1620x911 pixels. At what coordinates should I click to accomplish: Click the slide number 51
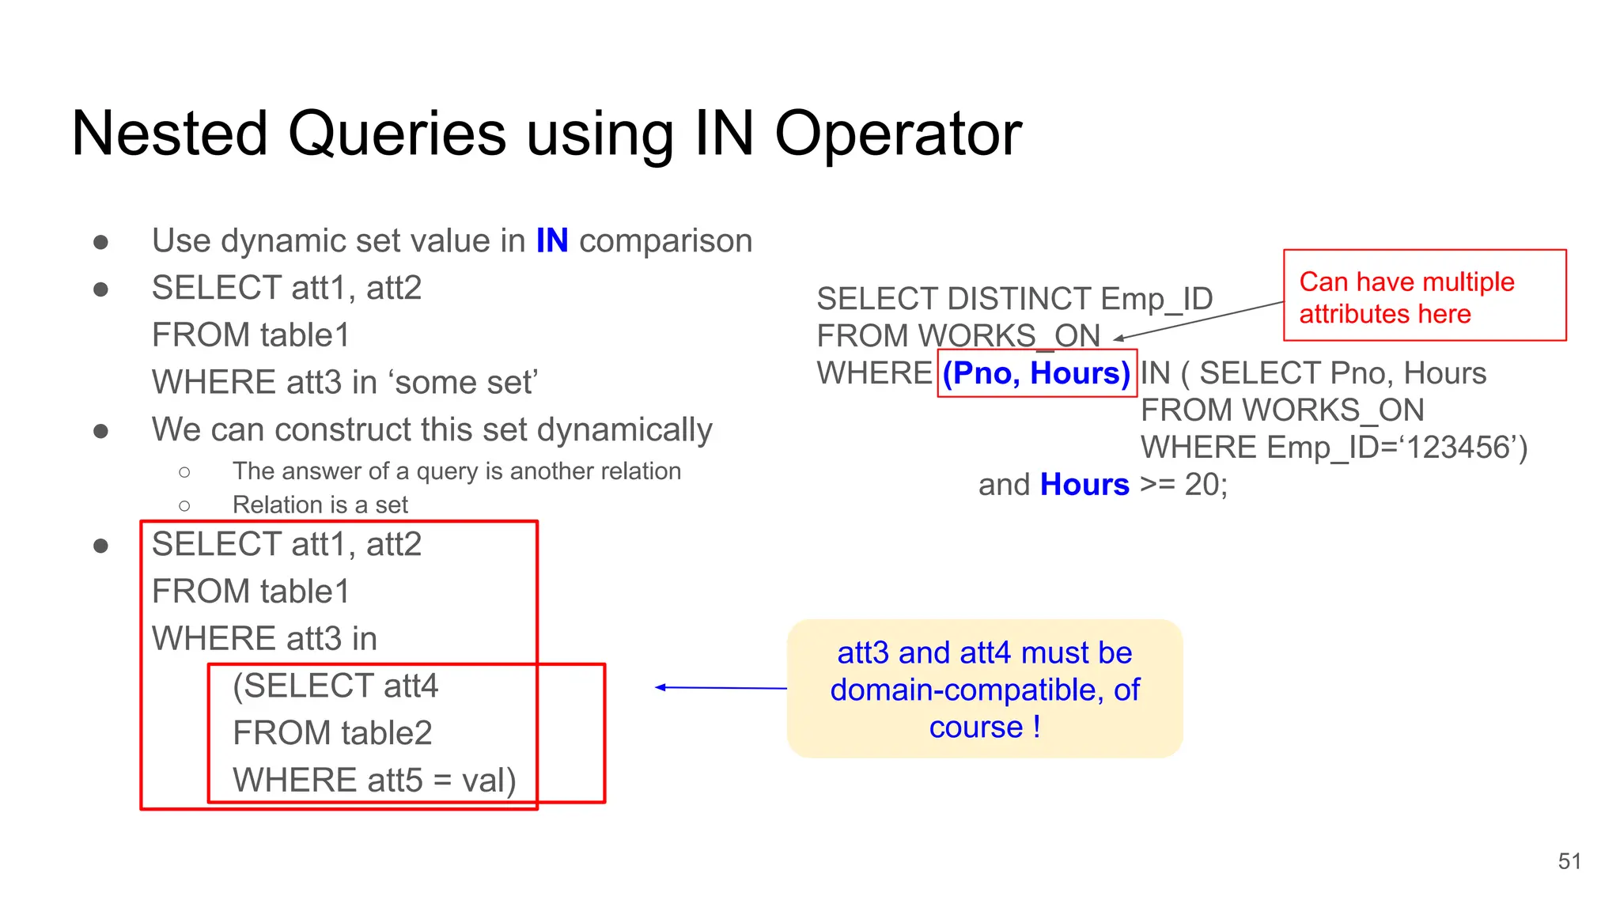(x=1569, y=861)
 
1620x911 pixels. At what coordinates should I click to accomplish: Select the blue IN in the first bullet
(x=551, y=241)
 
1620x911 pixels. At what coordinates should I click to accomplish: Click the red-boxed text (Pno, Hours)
(x=1036, y=373)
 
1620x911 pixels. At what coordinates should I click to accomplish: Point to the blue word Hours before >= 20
(x=1084, y=485)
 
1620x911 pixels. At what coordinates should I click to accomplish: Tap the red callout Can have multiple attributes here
(x=1424, y=297)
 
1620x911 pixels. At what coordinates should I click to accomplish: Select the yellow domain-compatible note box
(x=984, y=689)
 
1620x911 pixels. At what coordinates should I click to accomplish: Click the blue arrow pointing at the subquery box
(x=720, y=688)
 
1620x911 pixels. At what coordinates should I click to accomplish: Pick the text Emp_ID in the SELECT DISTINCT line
(x=1156, y=299)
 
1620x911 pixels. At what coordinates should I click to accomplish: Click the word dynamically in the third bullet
(x=624, y=430)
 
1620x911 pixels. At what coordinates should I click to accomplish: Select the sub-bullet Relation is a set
(x=320, y=505)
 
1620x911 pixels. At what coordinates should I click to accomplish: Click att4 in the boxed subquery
(x=411, y=686)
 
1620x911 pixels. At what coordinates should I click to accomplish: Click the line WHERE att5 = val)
(x=373, y=781)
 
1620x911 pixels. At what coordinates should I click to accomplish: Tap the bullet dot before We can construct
(x=100, y=431)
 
